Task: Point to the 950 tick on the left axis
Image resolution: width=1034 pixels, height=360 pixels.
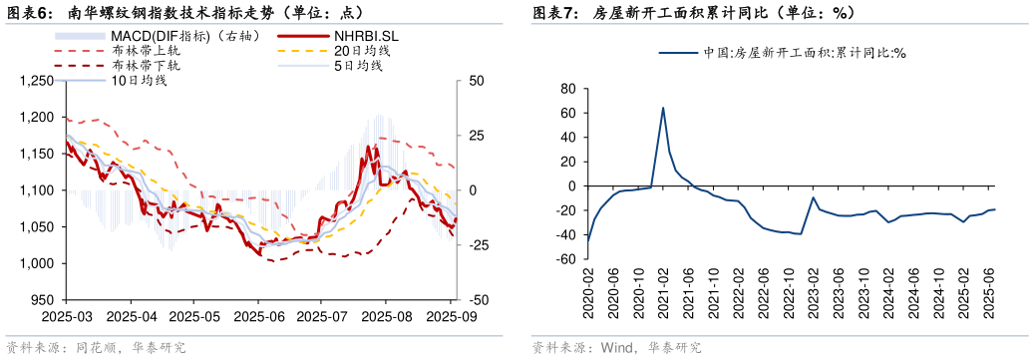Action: click(43, 300)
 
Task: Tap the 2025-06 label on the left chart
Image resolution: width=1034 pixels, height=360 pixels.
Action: click(258, 316)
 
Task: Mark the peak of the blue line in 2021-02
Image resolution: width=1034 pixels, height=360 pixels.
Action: click(663, 108)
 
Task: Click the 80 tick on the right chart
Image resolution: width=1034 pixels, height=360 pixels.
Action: click(569, 88)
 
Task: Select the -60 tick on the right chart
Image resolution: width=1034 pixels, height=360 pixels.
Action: click(566, 259)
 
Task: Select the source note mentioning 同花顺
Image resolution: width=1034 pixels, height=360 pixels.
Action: click(97, 348)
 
